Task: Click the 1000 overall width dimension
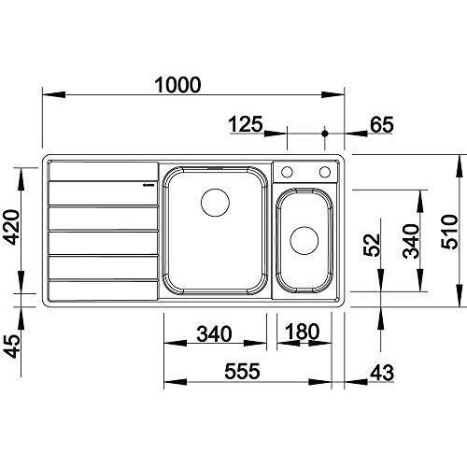tap(177, 85)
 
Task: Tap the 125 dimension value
tap(246, 124)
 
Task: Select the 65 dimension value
tap(382, 124)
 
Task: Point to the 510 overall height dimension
tap(450, 232)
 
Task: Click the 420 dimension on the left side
tap(13, 227)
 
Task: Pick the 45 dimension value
tap(13, 347)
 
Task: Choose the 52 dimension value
tap(372, 245)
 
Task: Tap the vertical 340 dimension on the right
tap(411, 241)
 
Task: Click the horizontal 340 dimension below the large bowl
tap(214, 333)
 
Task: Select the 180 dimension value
tap(302, 332)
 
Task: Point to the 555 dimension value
tap(242, 371)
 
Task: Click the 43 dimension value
tap(382, 373)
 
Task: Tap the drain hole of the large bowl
tap(216, 203)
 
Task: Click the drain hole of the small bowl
tap(304, 241)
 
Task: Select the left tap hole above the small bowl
tap(287, 172)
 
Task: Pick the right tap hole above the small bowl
tap(325, 172)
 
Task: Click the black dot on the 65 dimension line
tap(325, 134)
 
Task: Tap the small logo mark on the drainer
tap(149, 184)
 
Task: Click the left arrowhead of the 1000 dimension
tap(53, 94)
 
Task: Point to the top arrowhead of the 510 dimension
tap(460, 166)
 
